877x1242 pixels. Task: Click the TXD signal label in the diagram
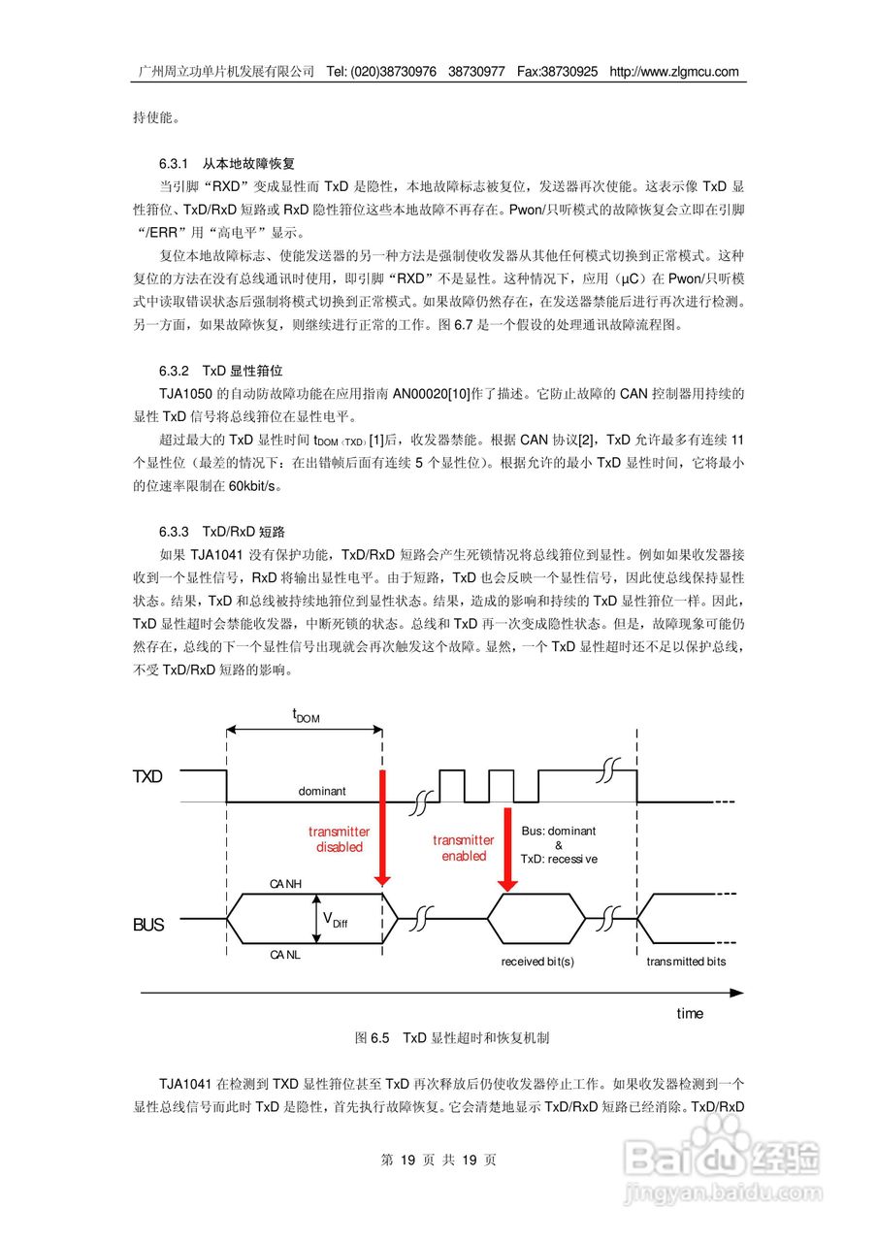pyautogui.click(x=147, y=777)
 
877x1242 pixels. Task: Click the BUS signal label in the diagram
pyautogui.click(x=148, y=926)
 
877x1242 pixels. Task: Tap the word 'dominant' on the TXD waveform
pyautogui.click(x=321, y=792)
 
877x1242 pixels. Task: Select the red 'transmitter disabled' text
pyautogui.click(x=339, y=839)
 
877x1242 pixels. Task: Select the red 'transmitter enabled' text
pyautogui.click(x=464, y=848)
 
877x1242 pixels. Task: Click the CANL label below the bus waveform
pyautogui.click(x=287, y=955)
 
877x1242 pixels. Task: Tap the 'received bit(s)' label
pyautogui.click(x=537, y=962)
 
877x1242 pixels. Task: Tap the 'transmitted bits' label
pyautogui.click(x=686, y=962)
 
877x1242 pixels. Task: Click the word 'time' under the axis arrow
pyautogui.click(x=690, y=1013)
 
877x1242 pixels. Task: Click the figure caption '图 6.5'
pyautogui.click(x=373, y=1038)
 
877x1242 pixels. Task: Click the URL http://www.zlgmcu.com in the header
pyautogui.click(x=673, y=72)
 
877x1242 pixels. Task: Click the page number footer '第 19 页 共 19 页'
pyautogui.click(x=438, y=1160)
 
